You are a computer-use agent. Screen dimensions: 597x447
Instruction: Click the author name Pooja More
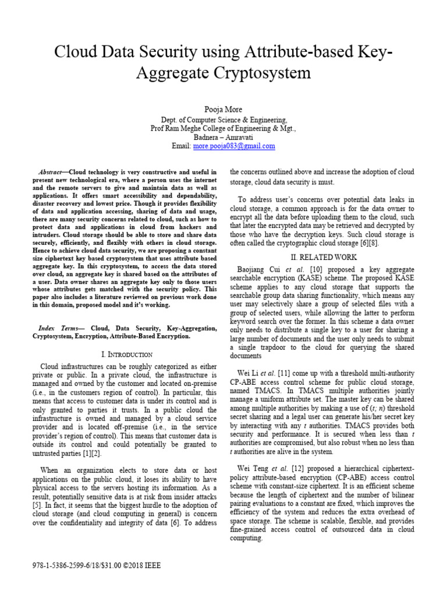pos(223,109)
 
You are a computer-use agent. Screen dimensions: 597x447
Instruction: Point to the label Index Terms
pos(58,328)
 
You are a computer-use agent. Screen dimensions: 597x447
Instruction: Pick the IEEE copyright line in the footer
pos(97,566)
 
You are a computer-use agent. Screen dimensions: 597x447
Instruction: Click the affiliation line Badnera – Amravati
pos(223,138)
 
